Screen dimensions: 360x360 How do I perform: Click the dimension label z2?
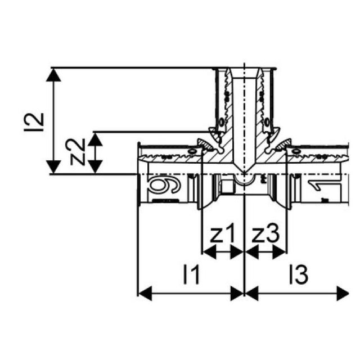point(80,152)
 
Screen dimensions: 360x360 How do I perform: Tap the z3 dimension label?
point(265,234)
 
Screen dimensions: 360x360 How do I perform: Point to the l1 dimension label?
point(191,275)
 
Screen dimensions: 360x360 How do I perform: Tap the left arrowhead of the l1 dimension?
point(144,293)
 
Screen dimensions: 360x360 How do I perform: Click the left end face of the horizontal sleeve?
point(139,174)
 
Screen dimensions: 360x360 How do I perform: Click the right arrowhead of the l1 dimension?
point(238,293)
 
